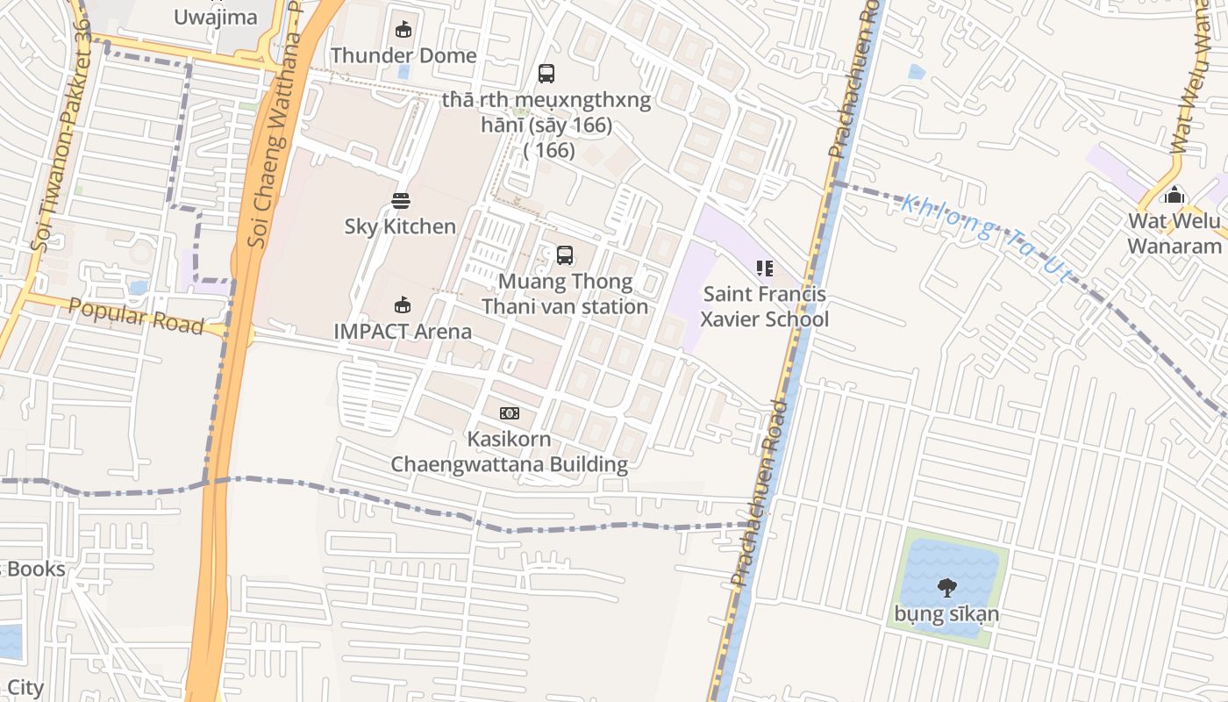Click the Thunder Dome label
pos(403,55)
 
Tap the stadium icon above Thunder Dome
pos(403,30)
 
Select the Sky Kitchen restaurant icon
pos(401,201)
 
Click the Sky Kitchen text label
pos(400,226)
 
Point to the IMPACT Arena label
pos(403,331)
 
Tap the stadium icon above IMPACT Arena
pos(402,305)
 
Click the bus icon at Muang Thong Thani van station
pos(565,255)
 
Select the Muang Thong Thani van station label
pos(565,294)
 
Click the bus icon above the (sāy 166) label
pos(546,74)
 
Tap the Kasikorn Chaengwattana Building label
pos(509,452)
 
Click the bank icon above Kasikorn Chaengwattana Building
pos(509,413)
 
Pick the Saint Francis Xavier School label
pos(764,306)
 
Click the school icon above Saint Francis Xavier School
pos(764,268)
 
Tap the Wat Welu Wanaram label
pos(1174,233)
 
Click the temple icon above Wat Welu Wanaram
pos(1174,195)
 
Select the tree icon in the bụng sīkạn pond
pos(946,587)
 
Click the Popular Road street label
pos(136,317)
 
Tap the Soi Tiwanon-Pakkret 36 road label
pos(60,136)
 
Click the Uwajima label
pos(216,17)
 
